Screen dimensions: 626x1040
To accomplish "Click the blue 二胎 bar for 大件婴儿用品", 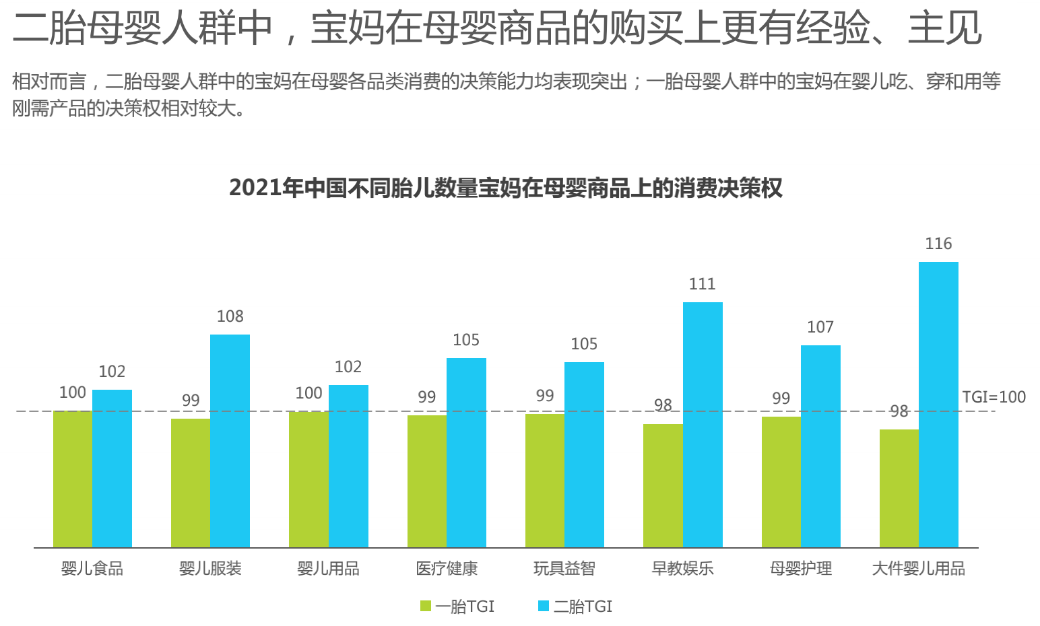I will pos(938,404).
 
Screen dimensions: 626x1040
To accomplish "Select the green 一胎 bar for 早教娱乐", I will pos(663,485).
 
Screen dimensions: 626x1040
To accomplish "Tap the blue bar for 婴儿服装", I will pos(230,441).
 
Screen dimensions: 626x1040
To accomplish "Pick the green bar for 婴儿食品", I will pos(73,479).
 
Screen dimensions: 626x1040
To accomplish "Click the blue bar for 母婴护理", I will pos(820,446).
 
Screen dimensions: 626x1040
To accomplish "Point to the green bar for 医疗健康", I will pos(427,481).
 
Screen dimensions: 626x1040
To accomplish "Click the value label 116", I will pos(938,244).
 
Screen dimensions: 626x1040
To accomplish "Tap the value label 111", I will pos(702,284).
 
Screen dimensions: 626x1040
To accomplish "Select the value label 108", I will pos(230,316).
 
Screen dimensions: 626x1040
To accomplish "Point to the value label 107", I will pos(820,327).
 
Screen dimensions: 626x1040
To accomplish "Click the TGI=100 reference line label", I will pos(994,397).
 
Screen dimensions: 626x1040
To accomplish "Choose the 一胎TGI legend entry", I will pos(457,606).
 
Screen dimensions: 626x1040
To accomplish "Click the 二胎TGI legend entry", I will pos(575,606).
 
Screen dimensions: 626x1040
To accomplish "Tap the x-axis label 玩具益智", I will pos(564,569).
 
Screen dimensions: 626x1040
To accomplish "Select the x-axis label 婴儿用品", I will pos(328,569).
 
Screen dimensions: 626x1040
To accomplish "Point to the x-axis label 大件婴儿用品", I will pos(919,569).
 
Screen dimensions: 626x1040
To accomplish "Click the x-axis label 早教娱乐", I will pos(682,569).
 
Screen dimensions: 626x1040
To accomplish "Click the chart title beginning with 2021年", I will pos(506,188).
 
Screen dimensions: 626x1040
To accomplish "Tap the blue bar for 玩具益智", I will pos(584,454).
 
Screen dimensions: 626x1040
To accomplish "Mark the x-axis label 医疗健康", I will pos(447,569).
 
